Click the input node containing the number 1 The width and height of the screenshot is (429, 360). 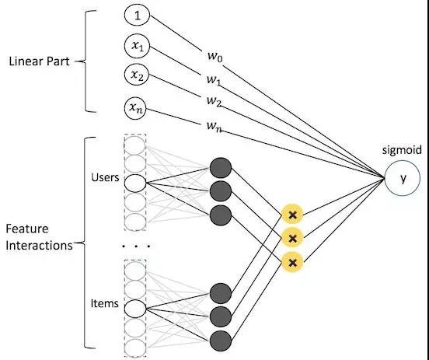click(137, 16)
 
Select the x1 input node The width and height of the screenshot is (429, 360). click(137, 47)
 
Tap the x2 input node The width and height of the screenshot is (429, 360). click(137, 75)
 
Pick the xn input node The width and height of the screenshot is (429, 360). click(135, 109)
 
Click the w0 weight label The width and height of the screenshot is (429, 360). click(215, 57)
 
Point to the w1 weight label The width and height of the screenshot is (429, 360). click(214, 80)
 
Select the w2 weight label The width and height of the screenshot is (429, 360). click(214, 101)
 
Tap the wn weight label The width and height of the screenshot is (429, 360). click(214, 126)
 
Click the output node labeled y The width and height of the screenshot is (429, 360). click(403, 178)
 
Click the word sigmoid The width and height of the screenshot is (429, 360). click(402, 150)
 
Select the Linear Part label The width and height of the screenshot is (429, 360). click(39, 61)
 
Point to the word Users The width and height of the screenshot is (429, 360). click(105, 177)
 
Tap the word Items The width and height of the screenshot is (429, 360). click(104, 303)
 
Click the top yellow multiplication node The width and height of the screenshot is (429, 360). click(292, 215)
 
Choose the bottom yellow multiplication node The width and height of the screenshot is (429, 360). click(292, 263)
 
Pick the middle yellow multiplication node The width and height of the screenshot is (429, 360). click(292, 239)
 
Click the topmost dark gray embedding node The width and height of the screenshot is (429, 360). click(221, 168)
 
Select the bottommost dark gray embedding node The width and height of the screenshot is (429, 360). click(221, 341)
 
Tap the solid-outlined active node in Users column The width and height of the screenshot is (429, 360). click(135, 183)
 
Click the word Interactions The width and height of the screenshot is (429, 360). click(39, 245)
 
